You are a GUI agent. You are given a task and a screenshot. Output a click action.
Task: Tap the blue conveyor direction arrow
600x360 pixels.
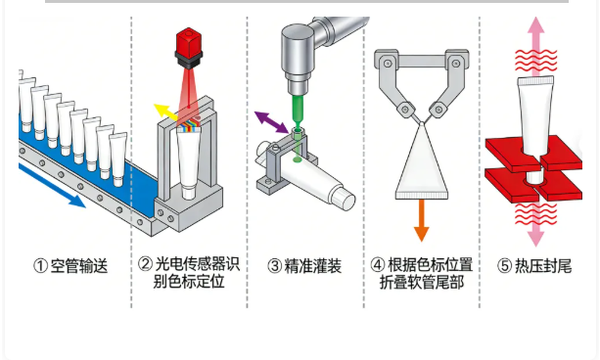pyautogui.click(x=52, y=185)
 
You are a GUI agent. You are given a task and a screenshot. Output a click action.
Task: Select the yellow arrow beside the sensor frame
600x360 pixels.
pyautogui.click(x=164, y=112)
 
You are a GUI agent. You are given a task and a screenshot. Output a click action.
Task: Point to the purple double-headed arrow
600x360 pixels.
pyautogui.click(x=271, y=122)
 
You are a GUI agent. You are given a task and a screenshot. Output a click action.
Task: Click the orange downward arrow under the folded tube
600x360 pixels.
pyautogui.click(x=421, y=219)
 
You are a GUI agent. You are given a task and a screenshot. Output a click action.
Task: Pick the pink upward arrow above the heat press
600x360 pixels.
pyautogui.click(x=536, y=46)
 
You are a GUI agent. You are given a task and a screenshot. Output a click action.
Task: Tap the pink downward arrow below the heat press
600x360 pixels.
pyautogui.click(x=535, y=225)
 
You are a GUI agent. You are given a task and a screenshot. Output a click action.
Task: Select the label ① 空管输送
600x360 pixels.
pyautogui.click(x=70, y=265)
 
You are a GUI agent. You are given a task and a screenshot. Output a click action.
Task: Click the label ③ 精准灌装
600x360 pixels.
pyautogui.click(x=304, y=265)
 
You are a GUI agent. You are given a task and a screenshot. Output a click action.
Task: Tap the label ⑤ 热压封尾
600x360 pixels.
pyautogui.click(x=534, y=265)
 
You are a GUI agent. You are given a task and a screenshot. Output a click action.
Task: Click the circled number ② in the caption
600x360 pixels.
pyautogui.click(x=145, y=264)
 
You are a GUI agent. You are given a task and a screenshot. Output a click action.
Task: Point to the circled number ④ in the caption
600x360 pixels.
pyautogui.click(x=378, y=264)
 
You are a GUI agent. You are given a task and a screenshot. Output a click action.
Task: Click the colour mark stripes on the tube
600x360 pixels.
pyautogui.click(x=189, y=128)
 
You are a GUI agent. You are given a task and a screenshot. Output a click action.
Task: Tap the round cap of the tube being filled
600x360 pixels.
pyautogui.click(x=344, y=200)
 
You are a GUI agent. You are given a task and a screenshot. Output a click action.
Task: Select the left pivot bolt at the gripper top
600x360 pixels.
pyautogui.click(x=388, y=64)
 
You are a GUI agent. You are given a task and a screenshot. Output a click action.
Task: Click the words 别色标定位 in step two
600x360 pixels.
pyautogui.click(x=189, y=282)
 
